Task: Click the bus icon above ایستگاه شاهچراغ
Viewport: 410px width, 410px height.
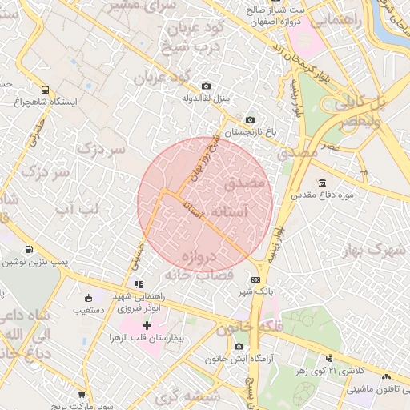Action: (x=46, y=90)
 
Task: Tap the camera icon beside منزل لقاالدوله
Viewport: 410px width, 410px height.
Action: (x=207, y=86)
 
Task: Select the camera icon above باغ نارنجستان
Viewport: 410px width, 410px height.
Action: (x=250, y=119)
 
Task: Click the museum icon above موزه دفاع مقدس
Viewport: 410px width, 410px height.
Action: (x=322, y=183)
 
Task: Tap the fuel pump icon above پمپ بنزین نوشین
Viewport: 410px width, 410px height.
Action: (x=30, y=251)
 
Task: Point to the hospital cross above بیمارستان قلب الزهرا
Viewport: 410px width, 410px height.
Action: (x=147, y=326)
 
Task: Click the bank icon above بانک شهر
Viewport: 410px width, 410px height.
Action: (x=255, y=279)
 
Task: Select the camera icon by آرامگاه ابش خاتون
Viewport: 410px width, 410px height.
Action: (x=239, y=346)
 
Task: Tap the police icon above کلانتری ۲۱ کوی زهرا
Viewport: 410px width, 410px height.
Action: (x=328, y=358)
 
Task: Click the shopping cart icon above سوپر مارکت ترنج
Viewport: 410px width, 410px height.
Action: (x=81, y=394)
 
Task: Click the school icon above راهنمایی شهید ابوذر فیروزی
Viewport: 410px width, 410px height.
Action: (x=139, y=283)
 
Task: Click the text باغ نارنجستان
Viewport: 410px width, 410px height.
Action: (x=249, y=131)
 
